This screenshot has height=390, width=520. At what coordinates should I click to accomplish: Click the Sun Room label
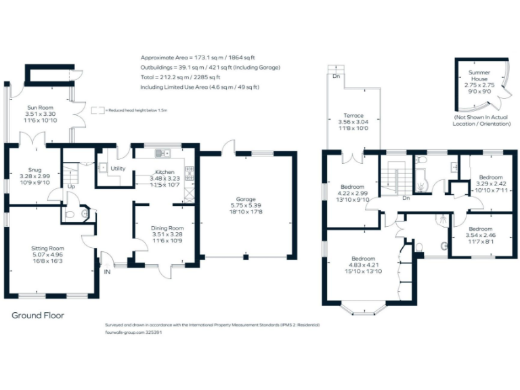(41, 107)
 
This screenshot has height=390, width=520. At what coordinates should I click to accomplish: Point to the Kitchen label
(165, 172)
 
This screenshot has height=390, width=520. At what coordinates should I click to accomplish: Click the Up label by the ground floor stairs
(70, 186)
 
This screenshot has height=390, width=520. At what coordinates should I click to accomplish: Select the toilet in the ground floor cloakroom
(84, 213)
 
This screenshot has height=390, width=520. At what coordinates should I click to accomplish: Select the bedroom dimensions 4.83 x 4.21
(363, 265)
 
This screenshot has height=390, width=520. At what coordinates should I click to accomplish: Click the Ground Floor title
(38, 316)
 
